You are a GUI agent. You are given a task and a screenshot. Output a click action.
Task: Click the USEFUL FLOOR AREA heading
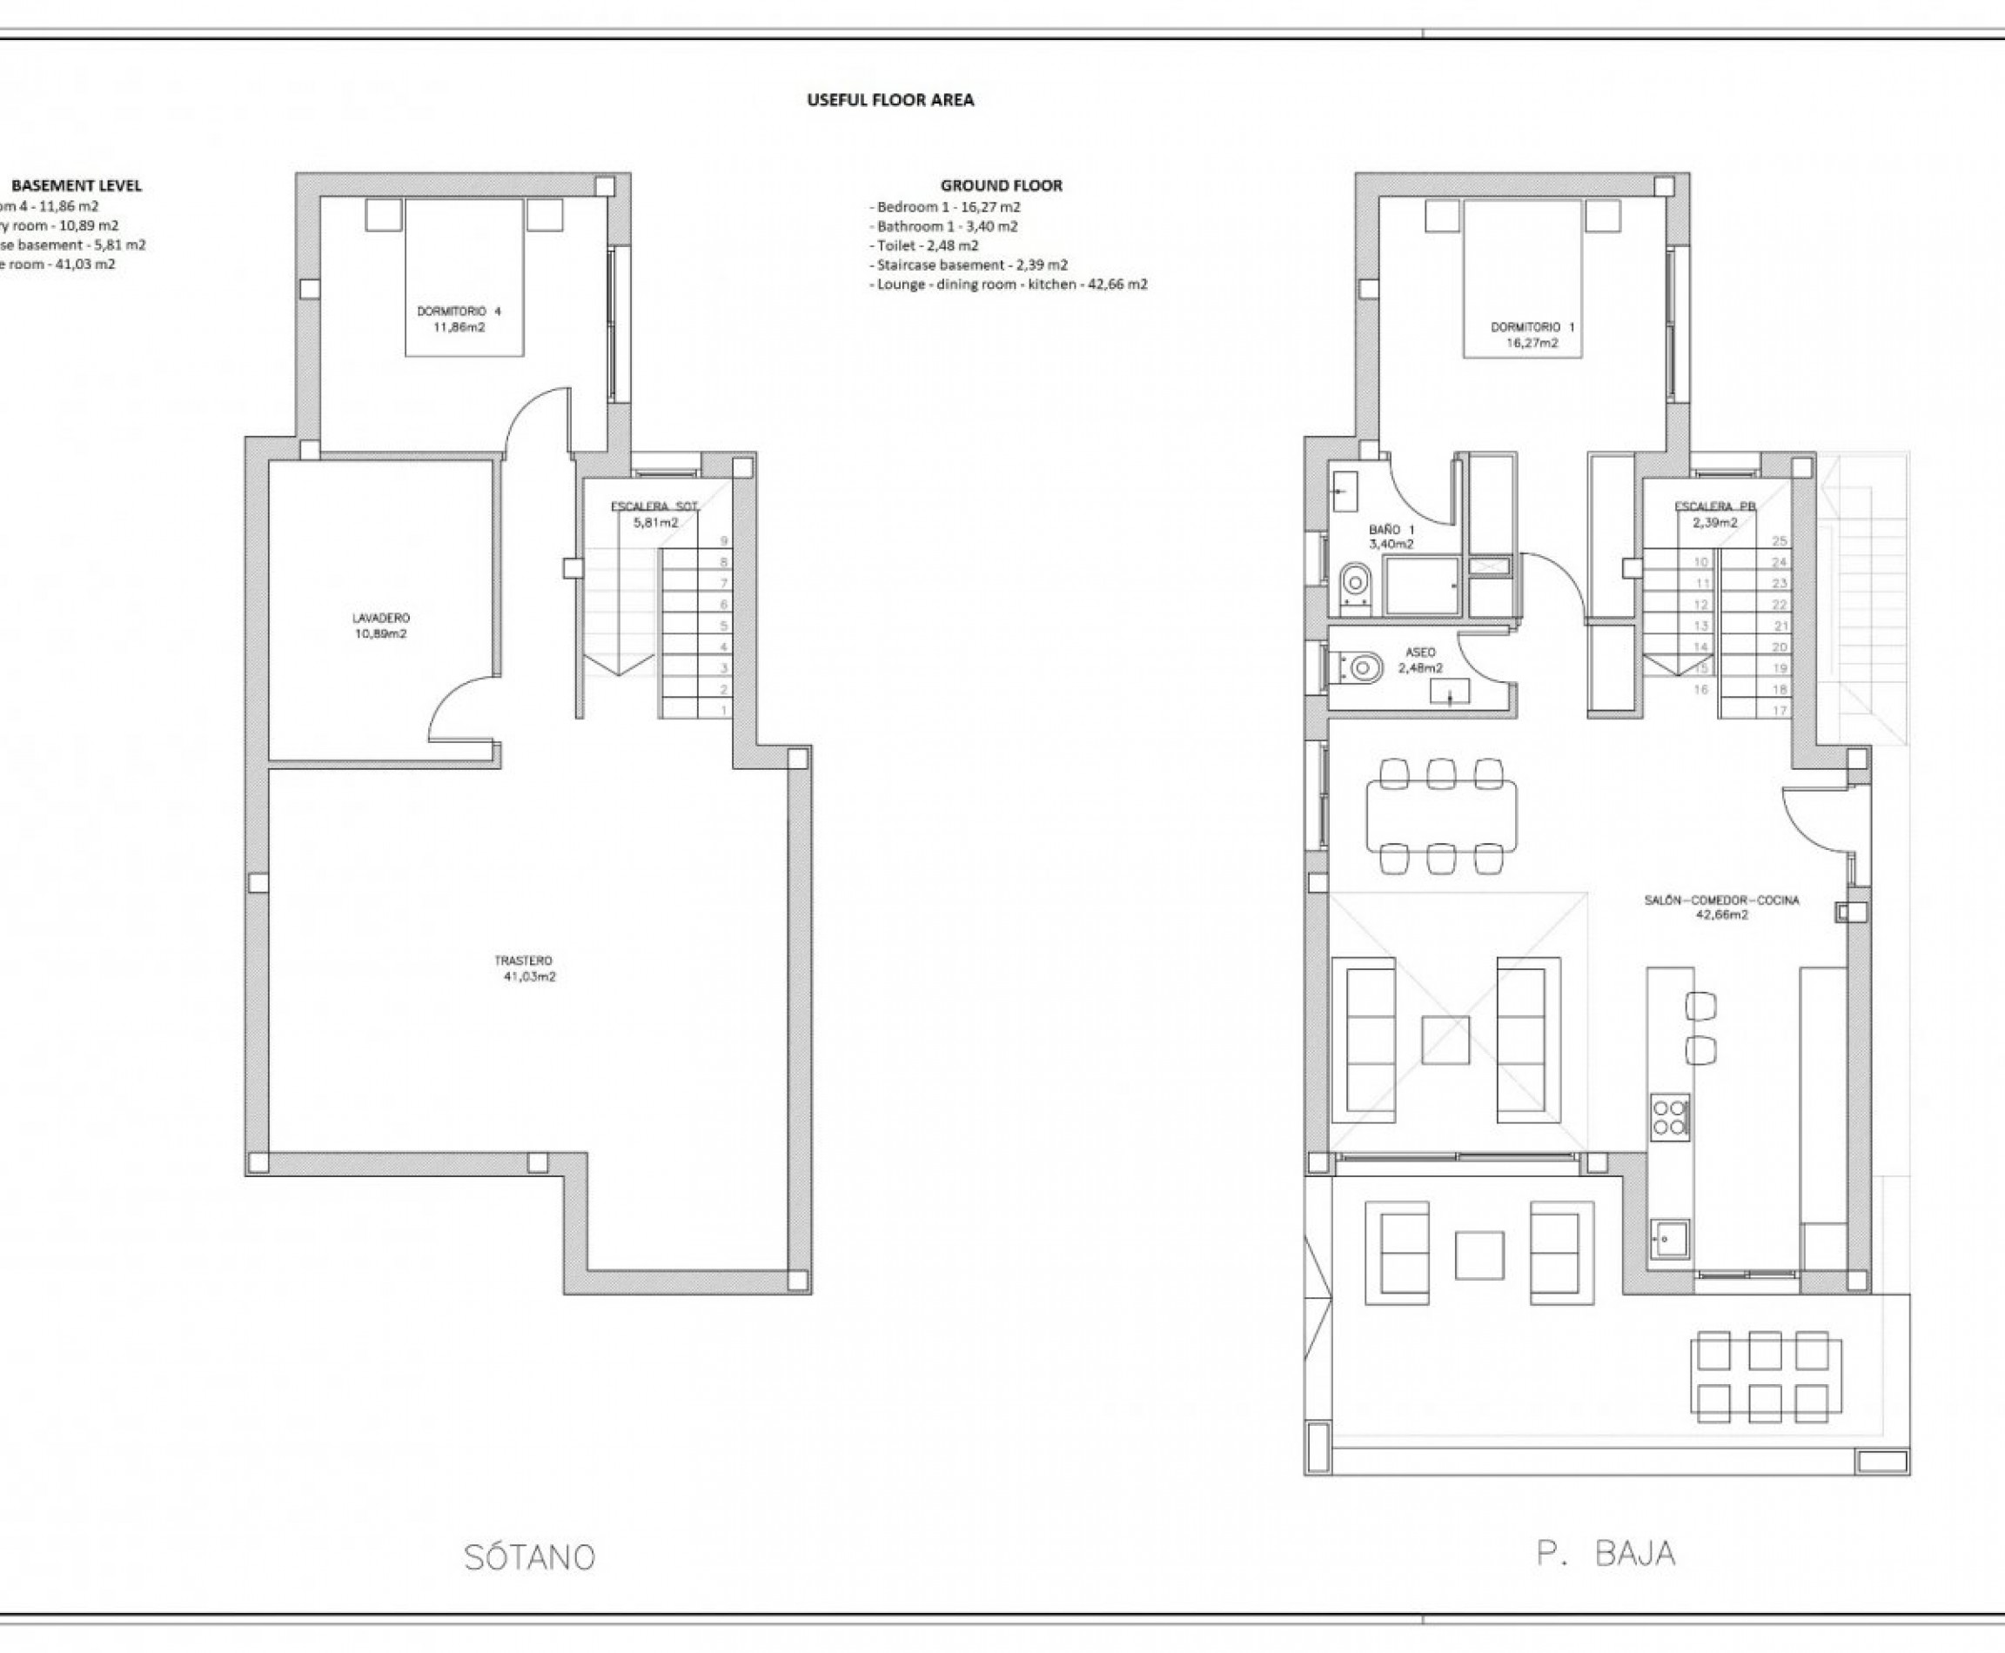889,100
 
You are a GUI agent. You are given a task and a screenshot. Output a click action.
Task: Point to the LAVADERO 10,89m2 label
380,626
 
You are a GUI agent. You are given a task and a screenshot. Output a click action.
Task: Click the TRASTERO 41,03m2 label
523,968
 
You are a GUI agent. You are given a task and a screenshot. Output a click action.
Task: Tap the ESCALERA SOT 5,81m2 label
655,514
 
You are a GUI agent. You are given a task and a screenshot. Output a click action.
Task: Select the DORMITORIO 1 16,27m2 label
1532,334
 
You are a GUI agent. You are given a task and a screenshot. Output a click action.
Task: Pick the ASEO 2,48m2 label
1420,659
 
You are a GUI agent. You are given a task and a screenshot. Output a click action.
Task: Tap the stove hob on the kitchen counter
1670,1117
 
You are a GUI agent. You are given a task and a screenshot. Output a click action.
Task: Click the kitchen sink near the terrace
1669,1239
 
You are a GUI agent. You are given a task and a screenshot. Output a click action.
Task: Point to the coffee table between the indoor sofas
1445,1040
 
